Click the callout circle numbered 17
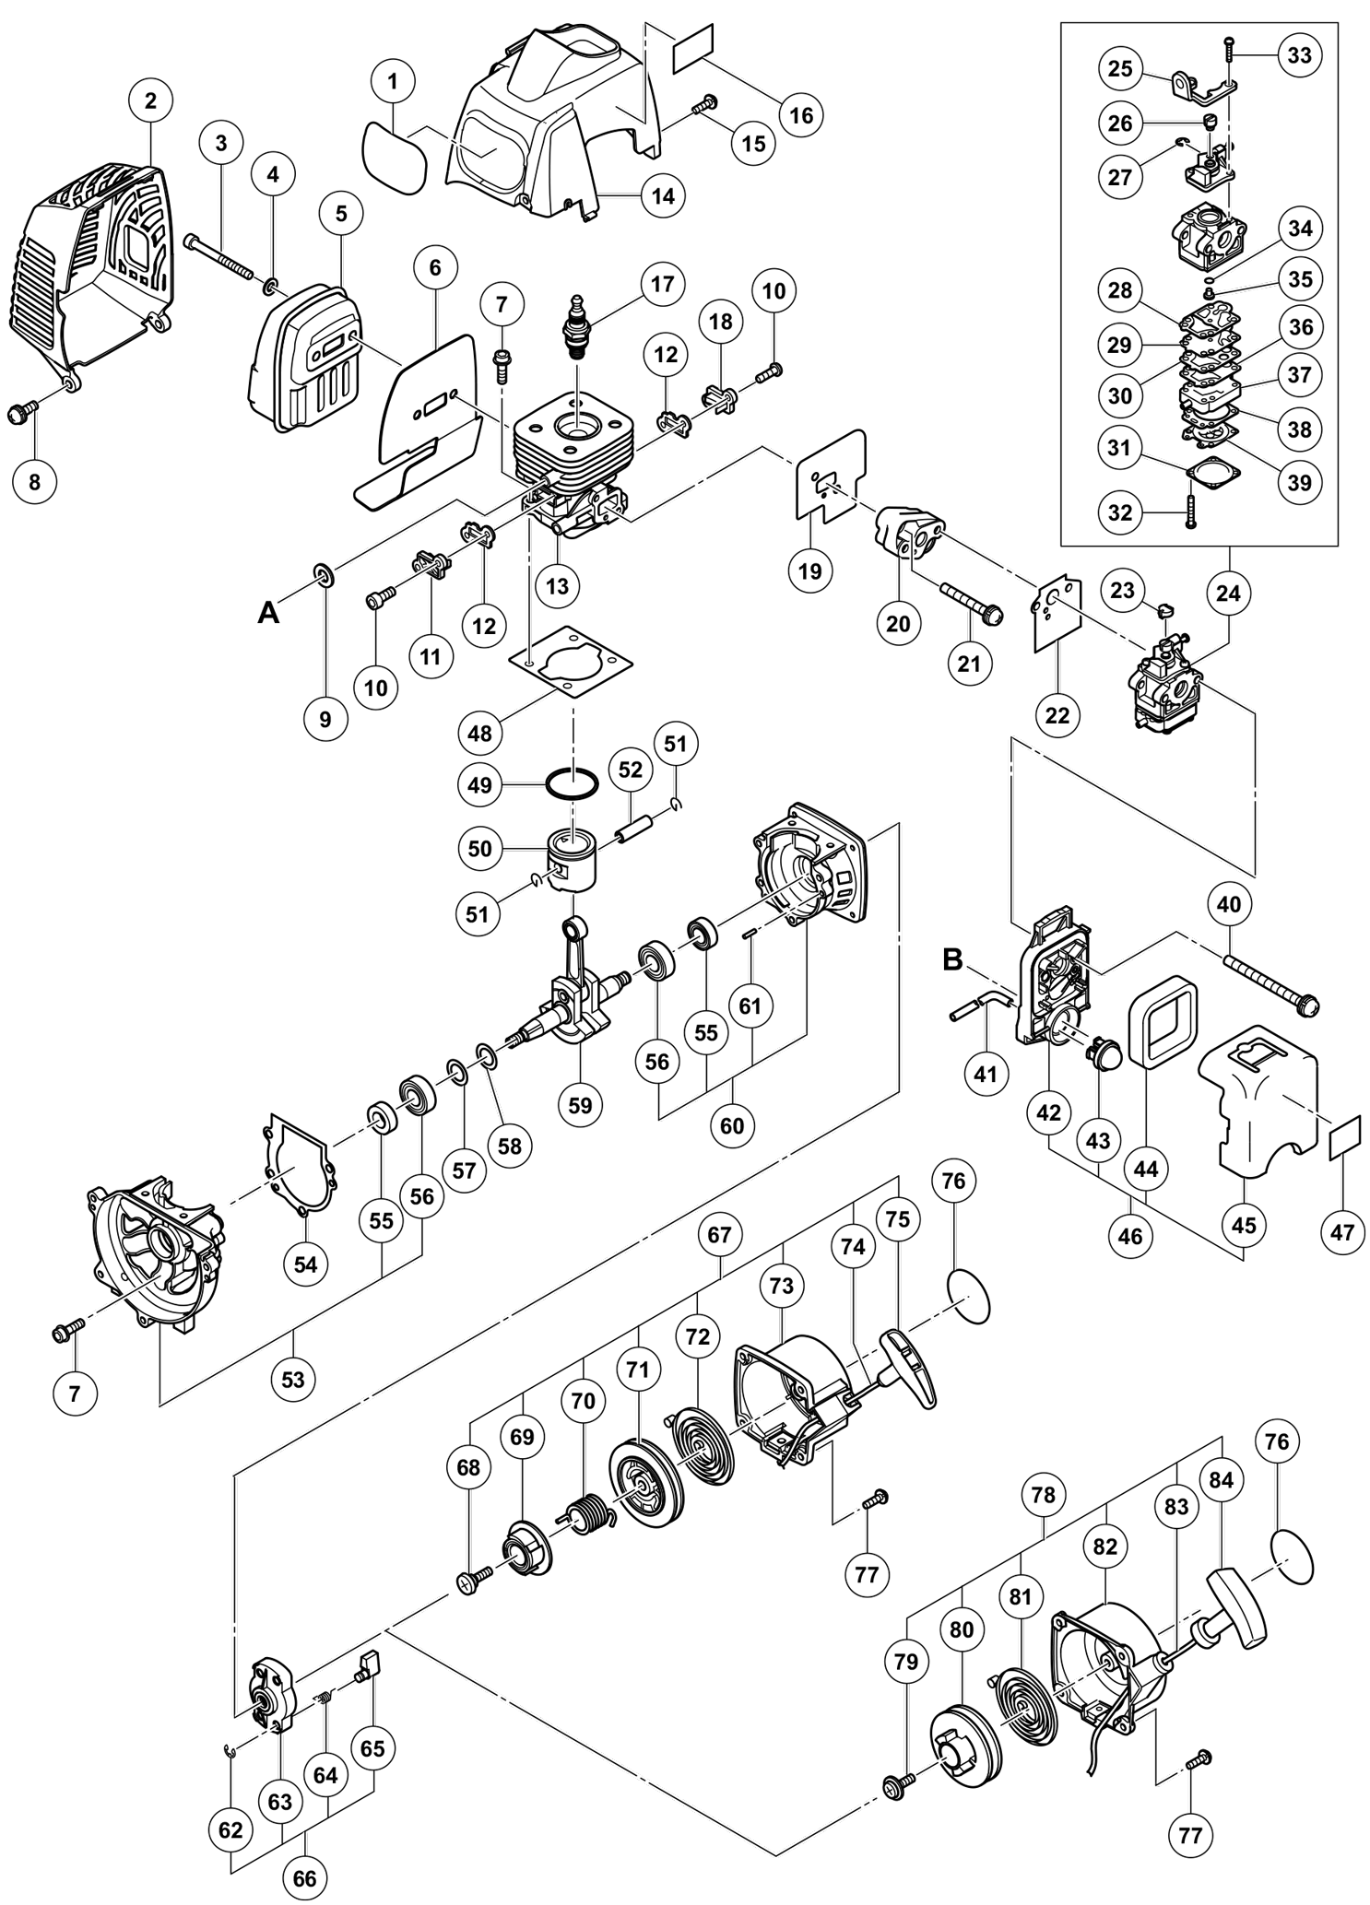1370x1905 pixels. (x=662, y=283)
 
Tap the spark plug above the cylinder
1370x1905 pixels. (x=580, y=329)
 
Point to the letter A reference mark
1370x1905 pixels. (x=267, y=612)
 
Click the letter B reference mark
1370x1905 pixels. (x=951, y=959)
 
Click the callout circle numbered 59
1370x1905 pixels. (x=580, y=1104)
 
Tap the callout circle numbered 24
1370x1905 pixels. (x=1228, y=594)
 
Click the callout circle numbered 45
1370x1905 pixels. (x=1244, y=1225)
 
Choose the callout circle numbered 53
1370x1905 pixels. (x=292, y=1380)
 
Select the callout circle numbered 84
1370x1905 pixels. (x=1221, y=1479)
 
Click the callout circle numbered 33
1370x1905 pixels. (x=1299, y=55)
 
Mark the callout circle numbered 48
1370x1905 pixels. (x=479, y=734)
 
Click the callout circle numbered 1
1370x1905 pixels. (x=393, y=81)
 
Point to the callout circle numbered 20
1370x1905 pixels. (x=897, y=623)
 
